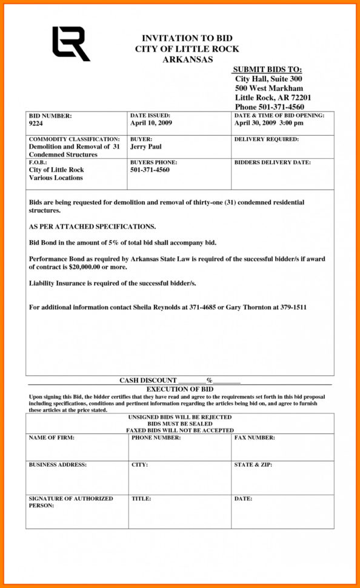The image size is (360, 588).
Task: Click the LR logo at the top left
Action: [x=70, y=44]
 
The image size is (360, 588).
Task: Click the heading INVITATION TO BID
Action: [x=187, y=38]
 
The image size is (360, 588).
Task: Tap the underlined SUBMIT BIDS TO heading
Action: [x=267, y=70]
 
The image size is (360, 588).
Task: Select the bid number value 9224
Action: [x=36, y=123]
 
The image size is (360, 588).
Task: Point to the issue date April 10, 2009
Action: [x=152, y=123]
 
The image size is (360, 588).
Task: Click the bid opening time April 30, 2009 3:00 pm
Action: [x=268, y=123]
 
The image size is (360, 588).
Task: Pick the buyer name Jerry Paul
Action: [x=145, y=147]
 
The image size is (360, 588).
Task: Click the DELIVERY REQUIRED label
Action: [x=266, y=139]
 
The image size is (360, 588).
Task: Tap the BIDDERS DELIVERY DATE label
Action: [x=272, y=162]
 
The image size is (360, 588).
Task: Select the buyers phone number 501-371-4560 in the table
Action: [x=150, y=170]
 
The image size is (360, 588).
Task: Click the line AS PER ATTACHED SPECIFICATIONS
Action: [x=92, y=227]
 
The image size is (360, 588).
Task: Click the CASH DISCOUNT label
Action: [x=148, y=380]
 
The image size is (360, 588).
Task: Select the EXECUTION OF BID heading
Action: [x=179, y=389]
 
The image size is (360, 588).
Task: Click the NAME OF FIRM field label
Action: [x=52, y=437]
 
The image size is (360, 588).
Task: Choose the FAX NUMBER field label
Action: [x=254, y=437]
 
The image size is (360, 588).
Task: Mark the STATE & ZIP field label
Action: [x=253, y=465]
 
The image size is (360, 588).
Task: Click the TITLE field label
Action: [x=141, y=498]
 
